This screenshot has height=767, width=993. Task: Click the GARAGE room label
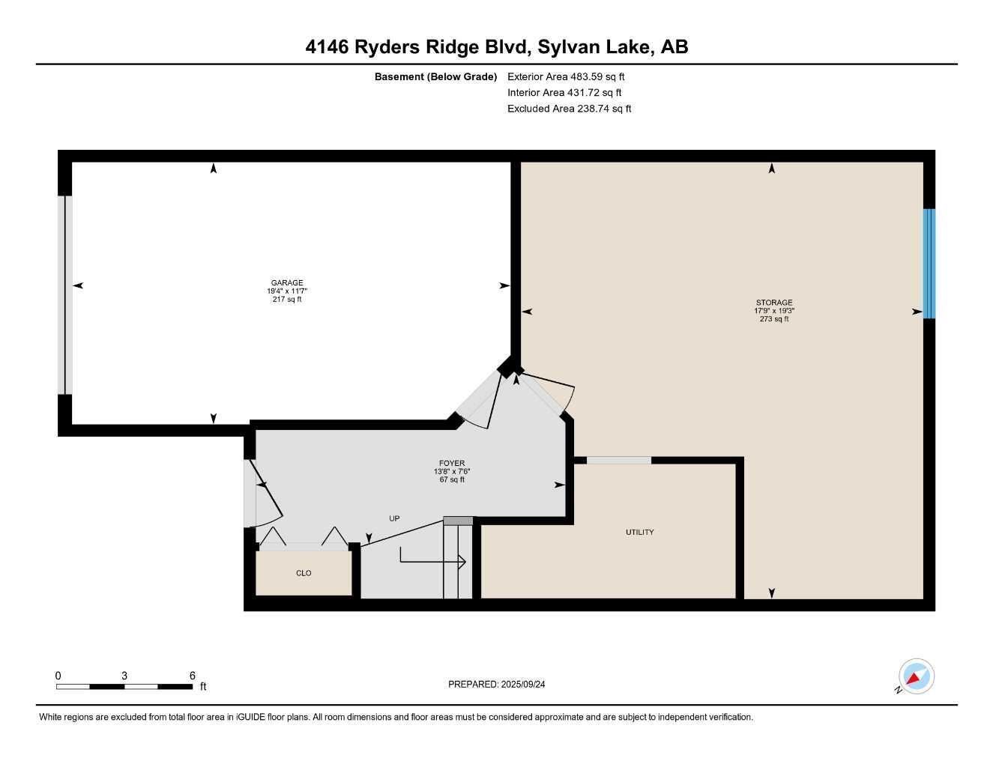click(x=287, y=283)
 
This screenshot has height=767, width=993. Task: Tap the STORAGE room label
click(x=773, y=303)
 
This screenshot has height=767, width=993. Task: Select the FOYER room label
click(x=452, y=464)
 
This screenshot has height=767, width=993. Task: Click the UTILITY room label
click(x=639, y=533)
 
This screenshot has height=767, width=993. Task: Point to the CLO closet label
click(x=304, y=574)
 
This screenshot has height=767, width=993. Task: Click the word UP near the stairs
click(x=394, y=518)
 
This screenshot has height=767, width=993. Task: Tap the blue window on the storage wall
click(x=929, y=264)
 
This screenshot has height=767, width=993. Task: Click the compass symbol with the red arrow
click(x=915, y=677)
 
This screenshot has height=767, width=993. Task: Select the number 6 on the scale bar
click(x=193, y=676)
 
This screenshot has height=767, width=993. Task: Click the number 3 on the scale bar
click(x=124, y=676)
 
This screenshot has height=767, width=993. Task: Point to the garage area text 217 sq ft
click(x=287, y=300)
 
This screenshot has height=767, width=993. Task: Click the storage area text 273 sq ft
click(x=774, y=319)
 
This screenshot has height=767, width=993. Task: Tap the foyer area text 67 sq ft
click(x=452, y=480)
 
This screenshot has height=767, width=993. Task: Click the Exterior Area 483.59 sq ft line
click(x=566, y=76)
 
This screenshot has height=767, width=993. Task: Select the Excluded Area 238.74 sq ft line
click(x=569, y=109)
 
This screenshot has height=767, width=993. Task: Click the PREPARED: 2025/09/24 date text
click(x=497, y=684)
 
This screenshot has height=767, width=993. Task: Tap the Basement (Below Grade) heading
click(x=435, y=76)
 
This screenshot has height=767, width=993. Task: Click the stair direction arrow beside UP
click(x=433, y=559)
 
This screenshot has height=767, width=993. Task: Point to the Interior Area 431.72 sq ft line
click(x=564, y=93)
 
